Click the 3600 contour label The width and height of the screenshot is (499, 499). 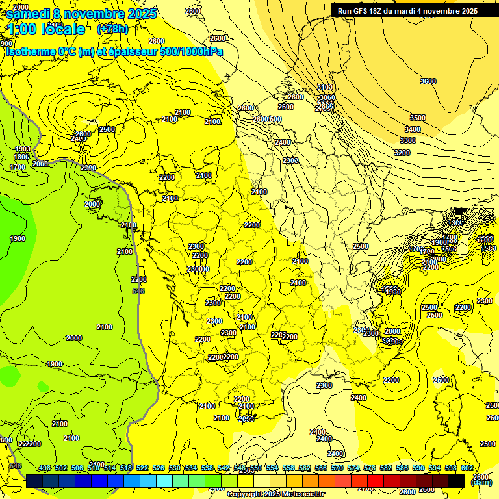pyautogui.click(x=428, y=81)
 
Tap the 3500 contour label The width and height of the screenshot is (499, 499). pyautogui.click(x=418, y=118)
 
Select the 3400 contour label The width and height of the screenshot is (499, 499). pyautogui.click(x=413, y=129)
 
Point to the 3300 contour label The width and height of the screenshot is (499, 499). pyautogui.click(x=408, y=140)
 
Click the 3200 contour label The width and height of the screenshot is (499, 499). pyautogui.click(x=402, y=153)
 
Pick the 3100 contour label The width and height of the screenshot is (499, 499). pyautogui.click(x=326, y=87)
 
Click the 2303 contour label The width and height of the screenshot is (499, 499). pyautogui.click(x=290, y=160)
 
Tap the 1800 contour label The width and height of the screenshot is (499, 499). pyautogui.click(x=21, y=157)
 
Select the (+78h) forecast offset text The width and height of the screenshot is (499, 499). pyautogui.click(x=112, y=29)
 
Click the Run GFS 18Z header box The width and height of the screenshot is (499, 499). pyautogui.click(x=407, y=11)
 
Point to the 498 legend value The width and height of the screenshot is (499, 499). pyautogui.click(x=45, y=468)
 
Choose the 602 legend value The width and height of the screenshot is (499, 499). pyautogui.click(x=467, y=468)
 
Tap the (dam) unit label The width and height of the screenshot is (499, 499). pyautogui.click(x=481, y=483)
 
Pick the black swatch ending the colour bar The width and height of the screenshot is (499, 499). pyautogui.click(x=456, y=481)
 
